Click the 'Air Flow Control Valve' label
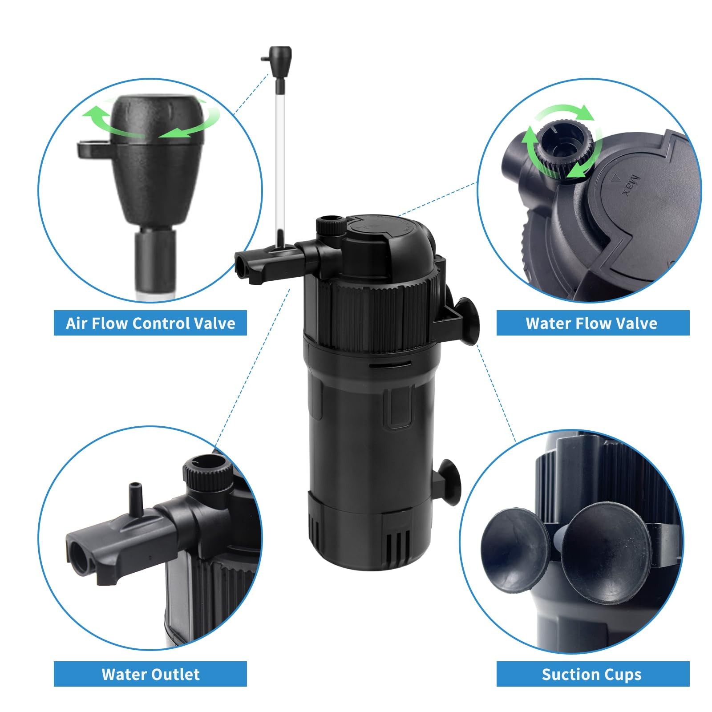(x=150, y=323)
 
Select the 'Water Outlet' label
(x=150, y=674)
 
